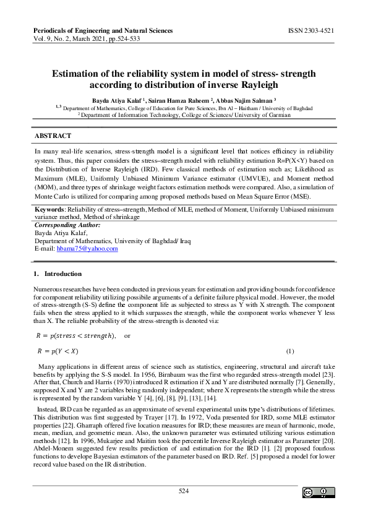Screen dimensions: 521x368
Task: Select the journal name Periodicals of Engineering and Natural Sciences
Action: [102, 30]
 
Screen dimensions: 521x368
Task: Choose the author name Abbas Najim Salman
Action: [244, 99]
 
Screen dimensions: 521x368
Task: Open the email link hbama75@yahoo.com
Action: [87, 248]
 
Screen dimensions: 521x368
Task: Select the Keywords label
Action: [49, 210]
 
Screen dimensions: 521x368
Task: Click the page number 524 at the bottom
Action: [184, 491]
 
